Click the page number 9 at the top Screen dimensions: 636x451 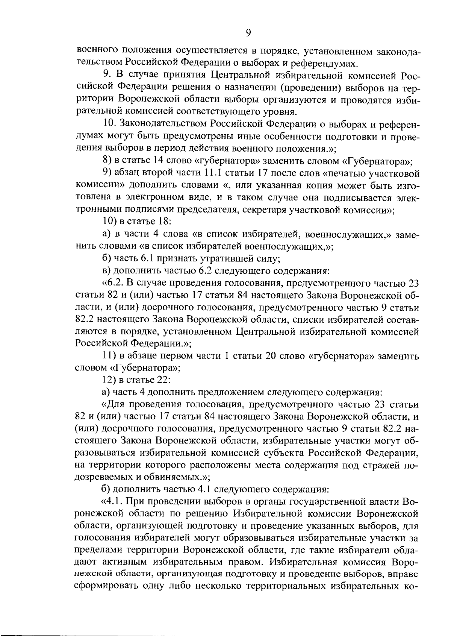point(248,33)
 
